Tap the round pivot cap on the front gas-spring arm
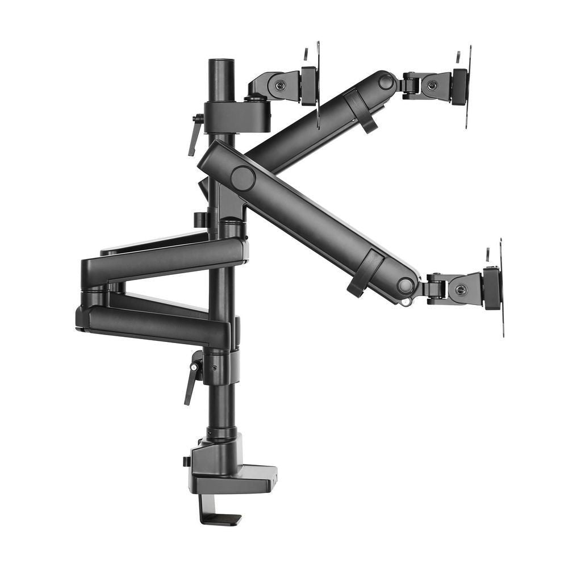point(243,178)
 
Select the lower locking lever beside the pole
point(192,378)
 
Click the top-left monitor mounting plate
point(318,85)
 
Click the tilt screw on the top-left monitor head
point(280,86)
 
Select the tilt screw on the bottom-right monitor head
point(461,290)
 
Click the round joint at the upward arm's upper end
point(386,82)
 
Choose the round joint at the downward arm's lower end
point(405,286)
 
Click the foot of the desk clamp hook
point(224,519)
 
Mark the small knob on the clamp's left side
point(186,461)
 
